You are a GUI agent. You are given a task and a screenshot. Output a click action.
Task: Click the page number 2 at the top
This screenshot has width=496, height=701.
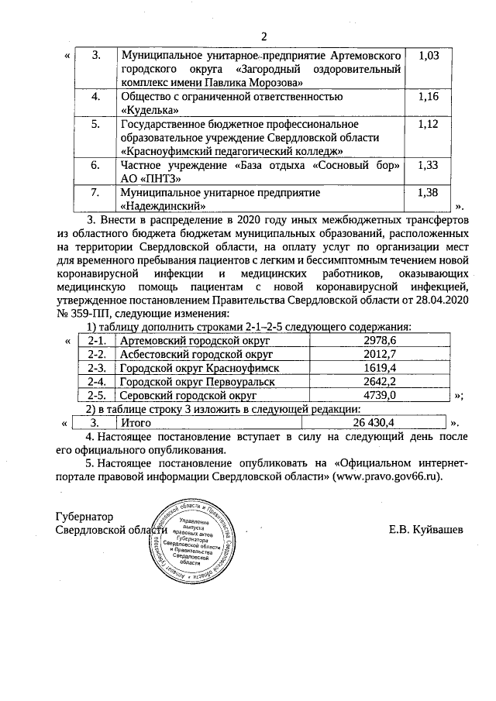[x=263, y=36]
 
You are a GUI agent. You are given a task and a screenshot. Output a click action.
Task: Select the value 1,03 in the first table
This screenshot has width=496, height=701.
[x=429, y=56]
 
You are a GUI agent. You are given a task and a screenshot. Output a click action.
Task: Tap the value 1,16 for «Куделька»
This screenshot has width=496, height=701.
[x=429, y=96]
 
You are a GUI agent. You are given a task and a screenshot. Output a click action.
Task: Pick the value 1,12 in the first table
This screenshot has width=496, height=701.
[x=429, y=124]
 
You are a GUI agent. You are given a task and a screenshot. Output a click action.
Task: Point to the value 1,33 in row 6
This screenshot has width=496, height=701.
[x=429, y=165]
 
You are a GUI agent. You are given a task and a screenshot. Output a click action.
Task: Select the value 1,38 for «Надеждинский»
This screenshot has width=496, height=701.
[x=429, y=192]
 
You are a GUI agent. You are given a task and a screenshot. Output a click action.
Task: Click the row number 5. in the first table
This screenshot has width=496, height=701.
[x=95, y=124]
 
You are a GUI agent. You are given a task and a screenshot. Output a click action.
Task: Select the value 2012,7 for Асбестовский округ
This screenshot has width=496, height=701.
[x=380, y=354]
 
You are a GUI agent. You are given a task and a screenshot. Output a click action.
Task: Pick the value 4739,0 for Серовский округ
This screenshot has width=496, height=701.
[x=380, y=395]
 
